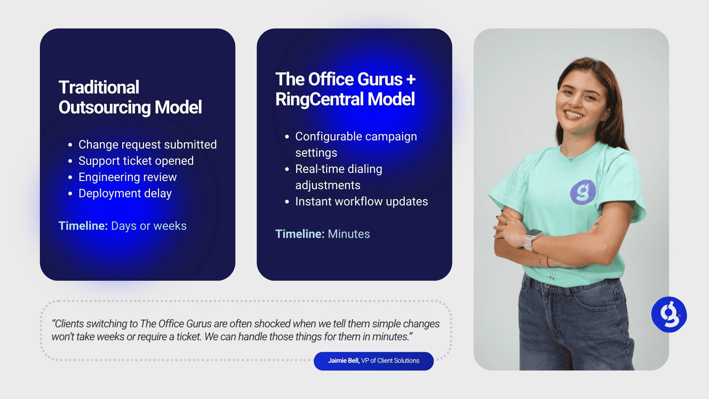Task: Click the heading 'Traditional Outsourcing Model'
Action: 130,97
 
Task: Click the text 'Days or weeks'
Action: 149,226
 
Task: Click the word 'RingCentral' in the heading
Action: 319,99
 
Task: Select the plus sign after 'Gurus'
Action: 411,79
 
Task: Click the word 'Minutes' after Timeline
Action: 349,234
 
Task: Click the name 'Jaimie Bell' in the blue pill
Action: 343,361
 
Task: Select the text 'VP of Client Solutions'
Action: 390,361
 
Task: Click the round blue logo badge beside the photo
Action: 669,315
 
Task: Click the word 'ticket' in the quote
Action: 188,337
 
